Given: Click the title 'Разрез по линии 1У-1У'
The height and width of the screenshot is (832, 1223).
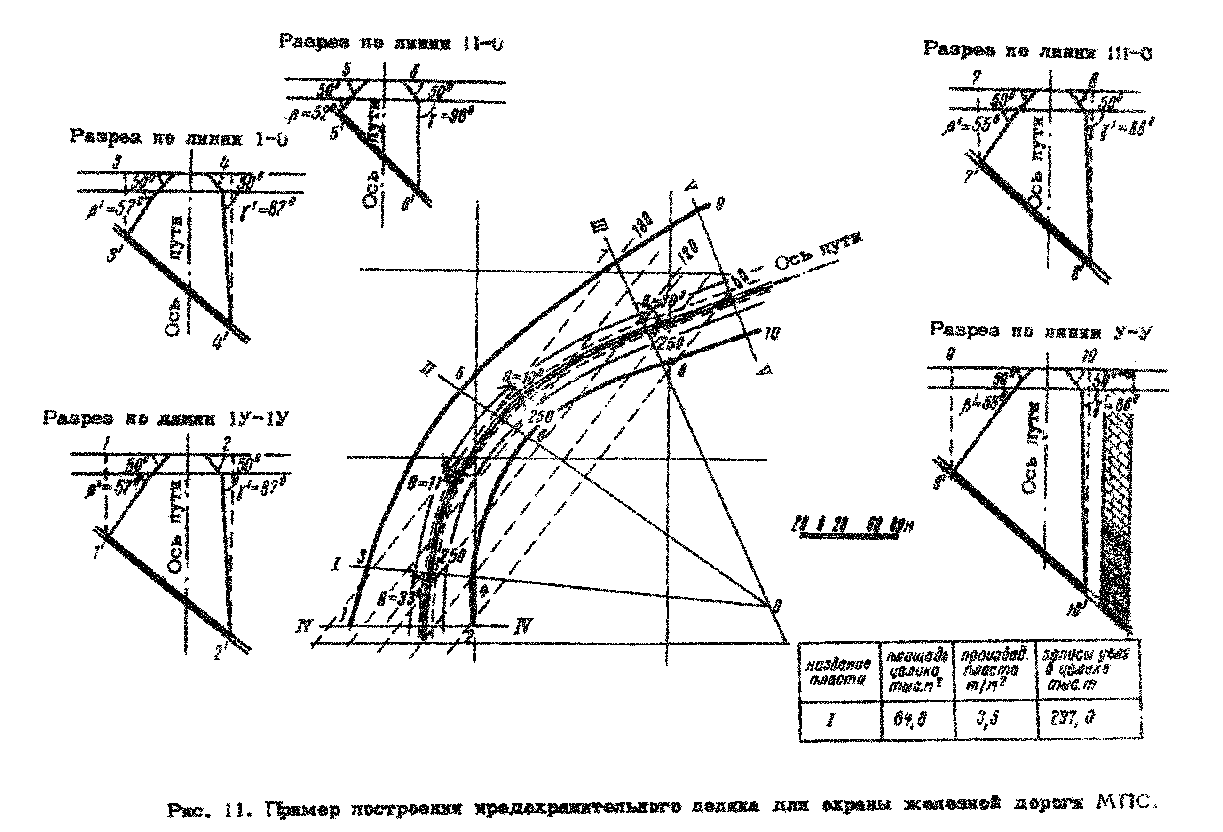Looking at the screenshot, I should tap(166, 419).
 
